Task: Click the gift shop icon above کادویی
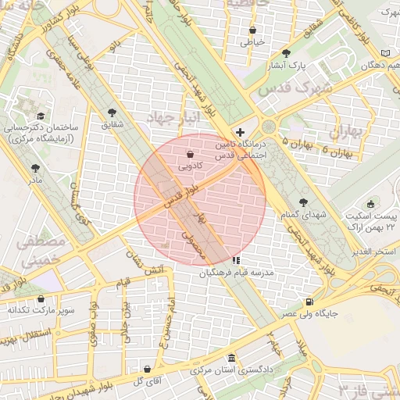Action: pos(191,154)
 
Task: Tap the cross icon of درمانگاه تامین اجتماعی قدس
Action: pos(240,133)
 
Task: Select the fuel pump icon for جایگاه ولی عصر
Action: pos(310,302)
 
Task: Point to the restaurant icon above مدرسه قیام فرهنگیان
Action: pos(237,260)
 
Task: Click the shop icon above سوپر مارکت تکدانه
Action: pos(41,298)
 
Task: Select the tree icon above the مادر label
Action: pos(35,168)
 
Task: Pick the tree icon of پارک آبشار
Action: pos(286,53)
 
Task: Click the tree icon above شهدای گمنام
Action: pos(304,202)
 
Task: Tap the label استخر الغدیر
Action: pos(374,251)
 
